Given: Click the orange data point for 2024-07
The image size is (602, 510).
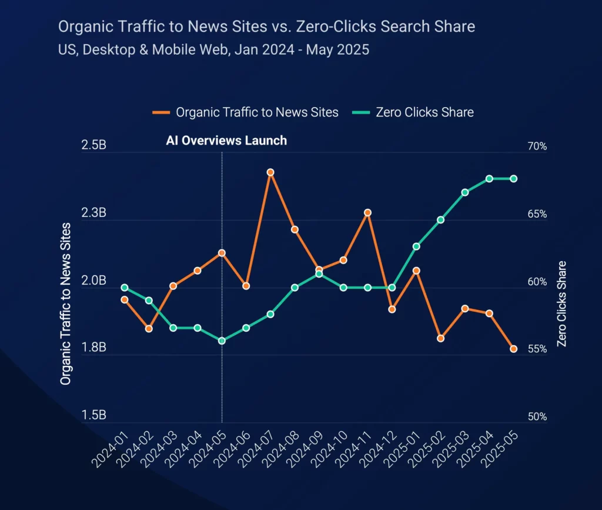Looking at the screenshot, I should tap(270, 172).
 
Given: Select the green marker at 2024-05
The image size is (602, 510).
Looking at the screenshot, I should tap(222, 341).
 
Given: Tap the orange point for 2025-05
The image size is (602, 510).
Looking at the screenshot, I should tap(513, 349).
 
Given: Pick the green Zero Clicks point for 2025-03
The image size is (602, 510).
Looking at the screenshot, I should tap(464, 192).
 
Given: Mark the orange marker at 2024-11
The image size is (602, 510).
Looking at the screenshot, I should tap(367, 212).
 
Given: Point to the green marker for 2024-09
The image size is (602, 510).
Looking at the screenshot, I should tap(319, 274).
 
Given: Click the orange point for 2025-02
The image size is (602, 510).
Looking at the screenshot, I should tap(440, 338).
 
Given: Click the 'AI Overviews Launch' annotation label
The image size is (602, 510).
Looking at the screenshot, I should tap(227, 141).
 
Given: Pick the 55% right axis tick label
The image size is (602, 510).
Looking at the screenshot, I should tap(537, 349).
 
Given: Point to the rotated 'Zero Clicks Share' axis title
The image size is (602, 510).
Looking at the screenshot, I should tap(562, 303).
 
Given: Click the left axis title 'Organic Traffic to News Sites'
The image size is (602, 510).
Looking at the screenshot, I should tap(65, 304).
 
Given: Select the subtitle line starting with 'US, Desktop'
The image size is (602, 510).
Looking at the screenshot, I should tap(213, 49).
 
